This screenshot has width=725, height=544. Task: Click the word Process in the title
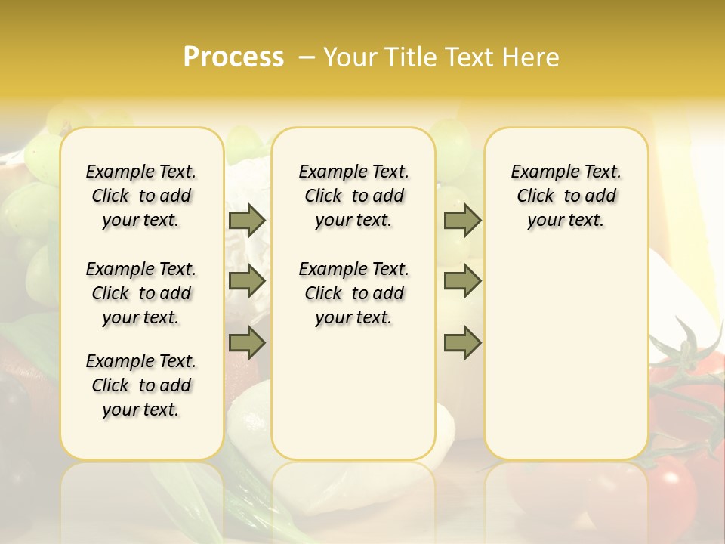[233, 57]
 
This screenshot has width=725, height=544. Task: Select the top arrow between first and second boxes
[247, 220]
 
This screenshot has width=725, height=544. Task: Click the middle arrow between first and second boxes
[247, 281]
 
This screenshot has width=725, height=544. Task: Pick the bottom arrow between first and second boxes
[247, 343]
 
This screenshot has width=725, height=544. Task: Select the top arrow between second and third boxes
[462, 220]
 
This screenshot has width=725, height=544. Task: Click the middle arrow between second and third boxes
[462, 281]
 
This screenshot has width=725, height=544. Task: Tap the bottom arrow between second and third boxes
[462, 343]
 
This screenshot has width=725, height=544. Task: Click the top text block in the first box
[141, 196]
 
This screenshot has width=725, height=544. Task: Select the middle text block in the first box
[141, 293]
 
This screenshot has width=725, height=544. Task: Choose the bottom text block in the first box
[141, 385]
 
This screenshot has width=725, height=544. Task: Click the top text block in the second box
[354, 196]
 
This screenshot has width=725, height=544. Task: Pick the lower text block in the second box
[354, 293]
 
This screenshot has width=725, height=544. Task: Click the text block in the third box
[566, 196]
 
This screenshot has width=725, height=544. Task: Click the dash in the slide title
[307, 57]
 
